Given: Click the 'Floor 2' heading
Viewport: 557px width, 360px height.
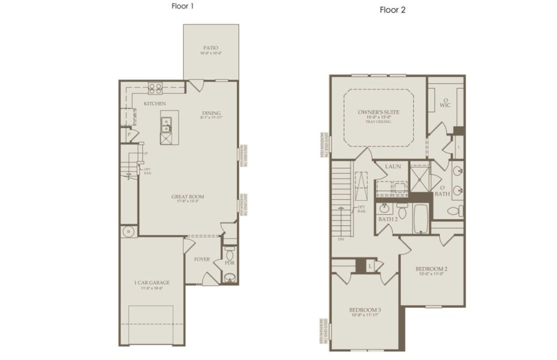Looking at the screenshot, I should (392, 10).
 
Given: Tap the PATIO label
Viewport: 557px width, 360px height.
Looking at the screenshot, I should (210, 47).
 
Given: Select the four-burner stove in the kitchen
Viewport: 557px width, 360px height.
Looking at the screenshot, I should (155, 88).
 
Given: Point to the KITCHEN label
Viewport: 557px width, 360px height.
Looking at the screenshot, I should (155, 104).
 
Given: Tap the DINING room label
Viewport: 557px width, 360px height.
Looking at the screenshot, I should (211, 113).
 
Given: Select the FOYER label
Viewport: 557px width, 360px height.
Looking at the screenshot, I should (201, 259).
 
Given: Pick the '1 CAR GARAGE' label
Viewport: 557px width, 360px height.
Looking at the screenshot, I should (152, 282).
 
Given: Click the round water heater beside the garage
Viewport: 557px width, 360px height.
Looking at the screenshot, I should (128, 231).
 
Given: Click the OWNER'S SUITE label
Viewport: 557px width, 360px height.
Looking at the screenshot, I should (378, 112).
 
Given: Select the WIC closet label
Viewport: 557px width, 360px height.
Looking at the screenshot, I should (445, 105).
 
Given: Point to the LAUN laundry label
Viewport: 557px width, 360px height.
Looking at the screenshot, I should (393, 167).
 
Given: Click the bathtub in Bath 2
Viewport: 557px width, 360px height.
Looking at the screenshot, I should (420, 218).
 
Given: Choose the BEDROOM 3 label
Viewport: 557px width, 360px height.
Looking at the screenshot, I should (365, 310).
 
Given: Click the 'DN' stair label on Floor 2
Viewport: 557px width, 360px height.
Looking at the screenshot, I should (340, 239).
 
